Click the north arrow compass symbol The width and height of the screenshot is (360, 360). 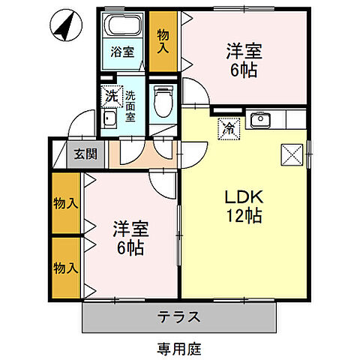(64, 29)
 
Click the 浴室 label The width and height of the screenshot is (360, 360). (122, 53)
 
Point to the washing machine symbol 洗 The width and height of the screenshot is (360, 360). (111, 96)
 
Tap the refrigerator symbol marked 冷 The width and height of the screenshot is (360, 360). (228, 128)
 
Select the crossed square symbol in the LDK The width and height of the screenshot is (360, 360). (291, 154)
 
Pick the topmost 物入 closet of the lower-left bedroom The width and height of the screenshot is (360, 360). (66, 204)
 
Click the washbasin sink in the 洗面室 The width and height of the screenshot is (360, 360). (109, 120)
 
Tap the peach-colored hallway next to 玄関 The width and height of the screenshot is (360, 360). (139, 153)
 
